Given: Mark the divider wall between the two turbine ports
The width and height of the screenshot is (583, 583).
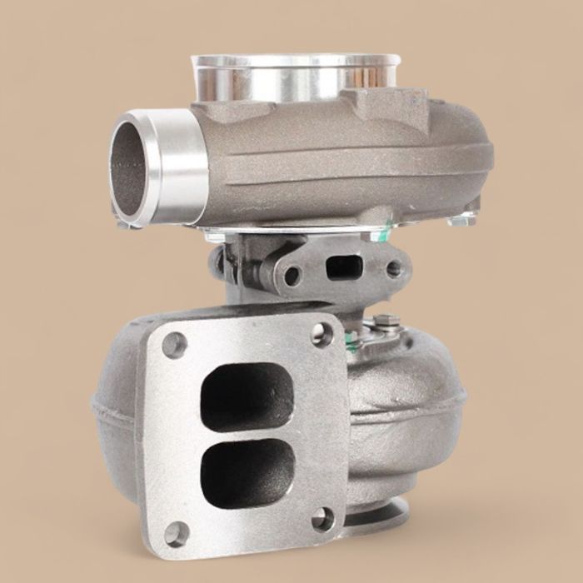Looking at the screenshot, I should click(247, 433).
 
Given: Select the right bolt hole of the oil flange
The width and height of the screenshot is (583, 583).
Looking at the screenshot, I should click(391, 268).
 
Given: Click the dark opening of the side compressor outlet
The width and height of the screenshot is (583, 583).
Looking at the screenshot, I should click(132, 170).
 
